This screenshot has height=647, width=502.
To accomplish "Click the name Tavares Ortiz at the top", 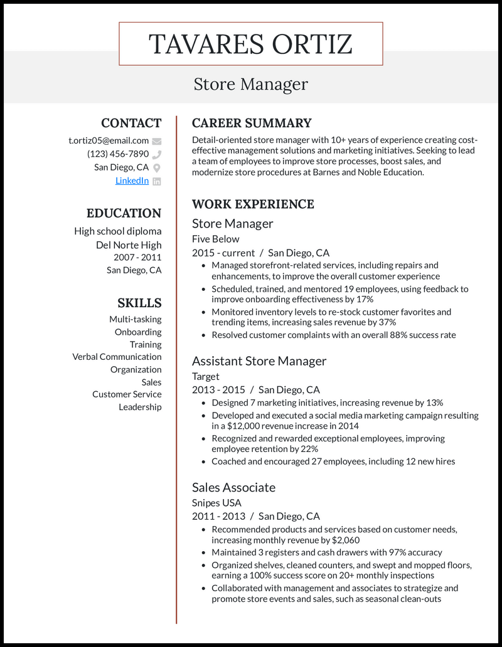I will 250,44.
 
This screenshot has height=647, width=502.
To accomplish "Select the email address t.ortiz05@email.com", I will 109,140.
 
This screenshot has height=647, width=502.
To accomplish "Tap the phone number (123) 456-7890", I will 118,154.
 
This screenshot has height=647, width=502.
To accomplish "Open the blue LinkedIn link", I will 132,181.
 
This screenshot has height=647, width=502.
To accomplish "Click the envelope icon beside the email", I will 157,141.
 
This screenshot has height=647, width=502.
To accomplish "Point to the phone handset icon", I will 157,154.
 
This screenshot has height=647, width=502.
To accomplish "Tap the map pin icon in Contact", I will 157,167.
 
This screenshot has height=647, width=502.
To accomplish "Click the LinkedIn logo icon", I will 157,181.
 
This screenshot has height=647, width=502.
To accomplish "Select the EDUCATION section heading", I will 124,213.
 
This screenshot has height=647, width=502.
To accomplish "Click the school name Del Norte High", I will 129,245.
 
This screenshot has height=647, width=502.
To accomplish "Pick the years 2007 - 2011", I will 137,257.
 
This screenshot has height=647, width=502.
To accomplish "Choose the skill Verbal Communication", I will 117,357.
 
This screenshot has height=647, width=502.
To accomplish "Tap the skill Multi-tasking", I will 135,319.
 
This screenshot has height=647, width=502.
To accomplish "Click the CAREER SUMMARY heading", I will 252,123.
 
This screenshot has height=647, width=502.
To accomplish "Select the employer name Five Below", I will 215,238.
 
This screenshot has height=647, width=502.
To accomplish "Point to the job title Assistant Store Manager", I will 259,360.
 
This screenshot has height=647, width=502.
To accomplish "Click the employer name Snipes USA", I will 216,502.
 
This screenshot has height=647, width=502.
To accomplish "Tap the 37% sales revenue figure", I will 385,322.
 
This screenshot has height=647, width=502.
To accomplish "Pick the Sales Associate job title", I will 233,487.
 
